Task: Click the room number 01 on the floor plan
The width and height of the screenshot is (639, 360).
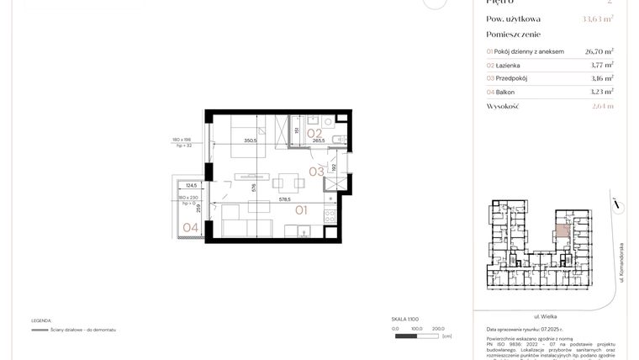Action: [301, 211]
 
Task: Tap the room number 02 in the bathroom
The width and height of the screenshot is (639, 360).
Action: [314, 133]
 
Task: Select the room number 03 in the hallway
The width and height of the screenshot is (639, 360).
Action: [316, 172]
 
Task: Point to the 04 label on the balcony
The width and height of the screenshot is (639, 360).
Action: [191, 226]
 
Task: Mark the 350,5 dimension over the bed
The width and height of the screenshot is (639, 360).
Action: [250, 141]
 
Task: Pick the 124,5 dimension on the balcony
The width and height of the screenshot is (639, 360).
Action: [191, 185]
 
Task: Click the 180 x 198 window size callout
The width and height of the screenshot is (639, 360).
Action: [182, 140]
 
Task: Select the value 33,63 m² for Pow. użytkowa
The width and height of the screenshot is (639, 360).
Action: [597, 19]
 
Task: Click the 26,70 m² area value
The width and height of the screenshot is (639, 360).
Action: [599, 51]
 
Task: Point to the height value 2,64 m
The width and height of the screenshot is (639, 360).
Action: [602, 107]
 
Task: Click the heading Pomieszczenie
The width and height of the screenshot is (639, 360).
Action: [513, 34]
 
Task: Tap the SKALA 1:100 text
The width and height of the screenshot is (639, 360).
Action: [405, 320]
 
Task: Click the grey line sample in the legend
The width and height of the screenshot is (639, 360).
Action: [40, 330]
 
